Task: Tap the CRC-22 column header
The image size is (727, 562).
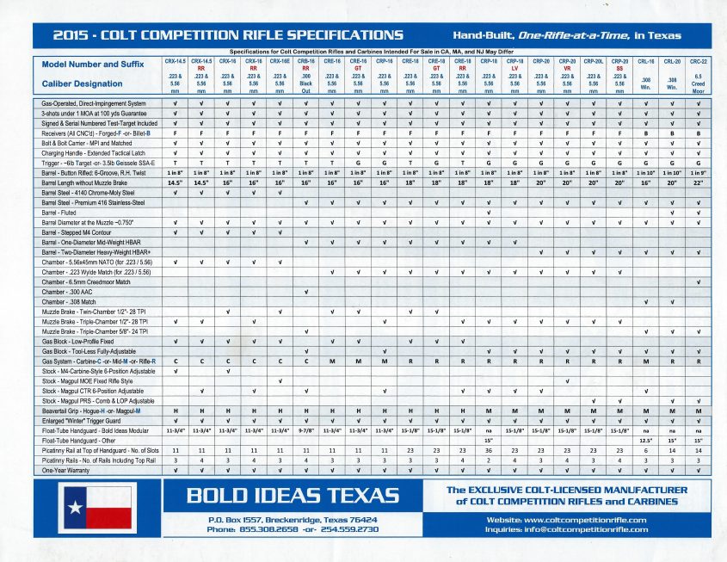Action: click(x=699, y=62)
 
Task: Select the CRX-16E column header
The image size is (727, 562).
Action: click(x=280, y=62)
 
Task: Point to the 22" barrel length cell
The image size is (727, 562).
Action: click(x=699, y=183)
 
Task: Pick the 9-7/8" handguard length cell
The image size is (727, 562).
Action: click(x=305, y=429)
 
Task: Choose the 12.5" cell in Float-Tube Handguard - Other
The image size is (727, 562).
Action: click(x=645, y=440)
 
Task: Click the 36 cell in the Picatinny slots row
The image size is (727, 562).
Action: click(x=489, y=450)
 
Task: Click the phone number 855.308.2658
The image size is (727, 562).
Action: click(x=256, y=529)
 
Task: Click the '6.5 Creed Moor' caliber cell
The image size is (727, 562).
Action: click(x=699, y=83)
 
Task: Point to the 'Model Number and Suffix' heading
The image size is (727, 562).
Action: click(x=91, y=65)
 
